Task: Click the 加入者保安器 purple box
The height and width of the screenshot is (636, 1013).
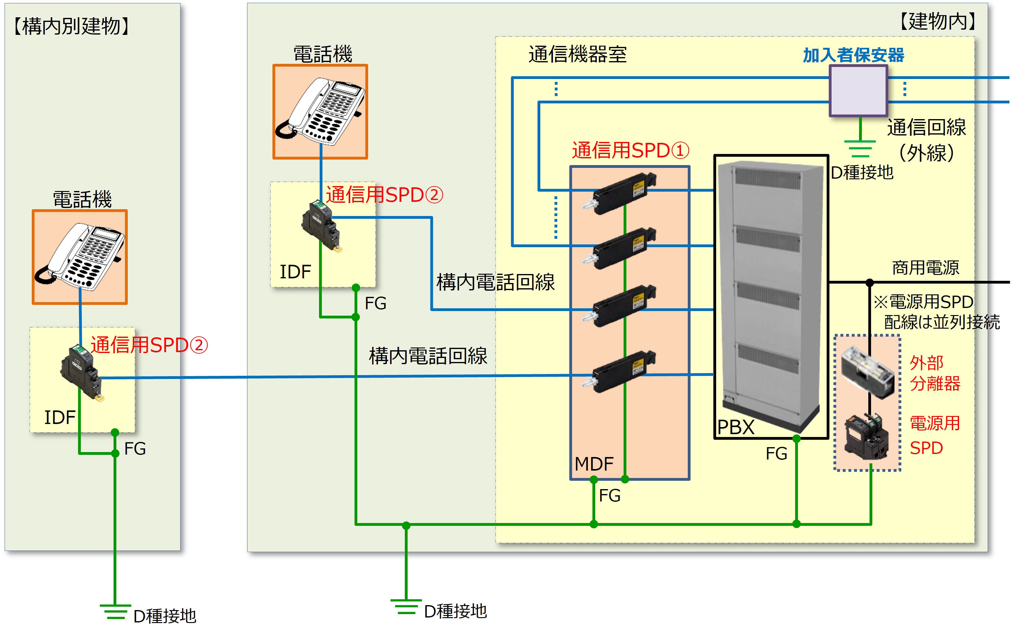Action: (x=858, y=90)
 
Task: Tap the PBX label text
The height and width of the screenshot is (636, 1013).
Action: (x=736, y=427)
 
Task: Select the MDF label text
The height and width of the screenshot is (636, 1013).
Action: (x=593, y=464)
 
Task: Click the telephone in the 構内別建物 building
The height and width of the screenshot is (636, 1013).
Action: (x=80, y=256)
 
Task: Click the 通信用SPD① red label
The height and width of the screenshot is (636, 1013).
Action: (x=630, y=151)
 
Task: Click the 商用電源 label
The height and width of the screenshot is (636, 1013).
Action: (x=925, y=268)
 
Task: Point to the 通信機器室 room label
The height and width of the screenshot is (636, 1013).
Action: (x=577, y=55)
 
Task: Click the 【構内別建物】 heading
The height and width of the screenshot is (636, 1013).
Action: (x=72, y=27)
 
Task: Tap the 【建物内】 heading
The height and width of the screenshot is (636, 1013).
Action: (x=938, y=21)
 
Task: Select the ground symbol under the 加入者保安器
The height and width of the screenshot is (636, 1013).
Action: (x=860, y=148)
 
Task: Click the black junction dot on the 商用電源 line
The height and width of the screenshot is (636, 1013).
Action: (x=870, y=282)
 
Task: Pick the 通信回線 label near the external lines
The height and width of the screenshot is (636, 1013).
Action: (x=926, y=127)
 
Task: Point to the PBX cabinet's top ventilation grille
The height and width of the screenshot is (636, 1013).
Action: (x=767, y=178)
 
